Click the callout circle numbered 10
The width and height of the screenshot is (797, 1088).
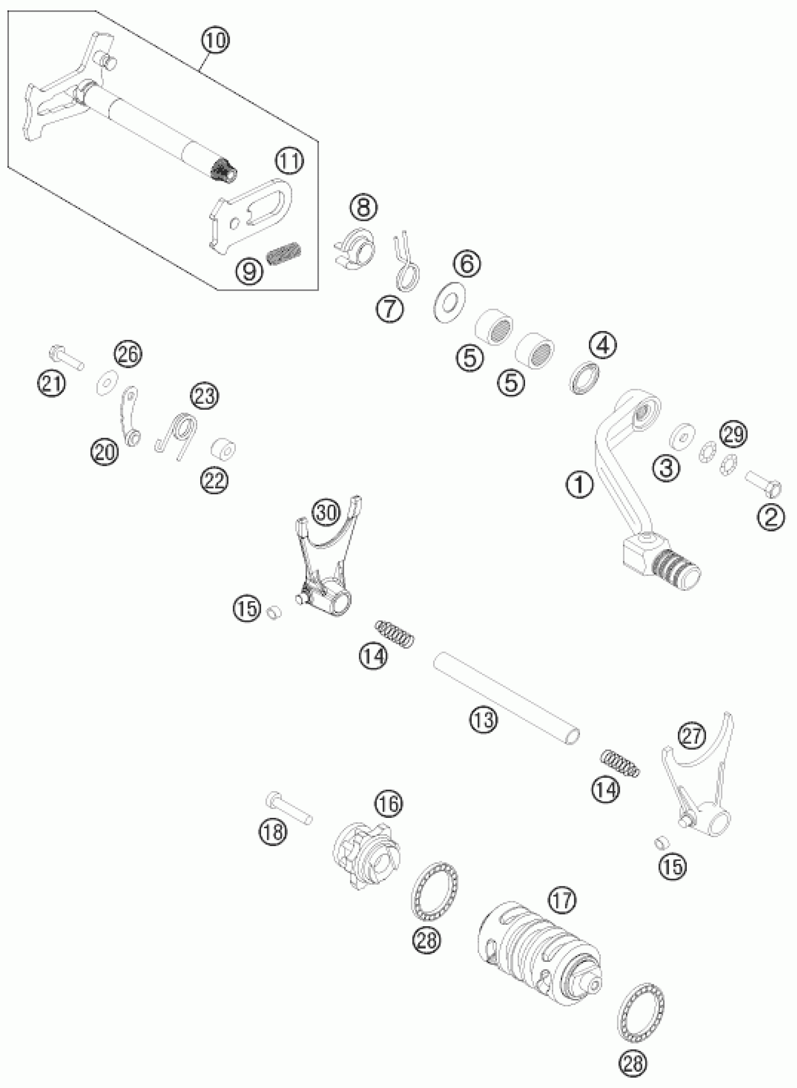216,40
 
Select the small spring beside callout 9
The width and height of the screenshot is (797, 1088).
284,254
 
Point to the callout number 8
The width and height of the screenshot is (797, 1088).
364,207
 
